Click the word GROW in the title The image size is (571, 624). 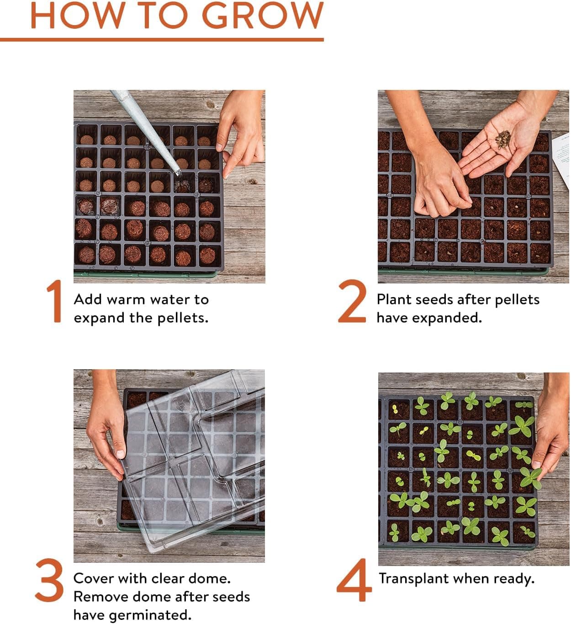click(263, 16)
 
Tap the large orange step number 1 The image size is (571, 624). click(55, 302)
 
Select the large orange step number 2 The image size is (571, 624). click(352, 302)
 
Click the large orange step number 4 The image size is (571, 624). click(354, 580)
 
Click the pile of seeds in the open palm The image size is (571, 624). click(503, 139)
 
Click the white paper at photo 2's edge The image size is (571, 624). click(562, 160)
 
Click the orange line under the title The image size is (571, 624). click(162, 40)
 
